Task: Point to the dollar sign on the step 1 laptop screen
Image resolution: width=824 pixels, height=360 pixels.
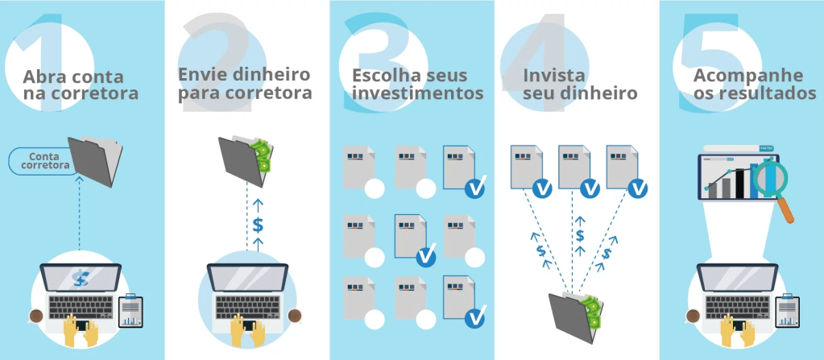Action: [80, 279]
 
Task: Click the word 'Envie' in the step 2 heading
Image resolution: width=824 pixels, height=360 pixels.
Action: [200, 74]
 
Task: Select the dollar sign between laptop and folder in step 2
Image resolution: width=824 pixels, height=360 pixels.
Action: [258, 225]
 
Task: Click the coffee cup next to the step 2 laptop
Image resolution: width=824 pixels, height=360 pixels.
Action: [295, 315]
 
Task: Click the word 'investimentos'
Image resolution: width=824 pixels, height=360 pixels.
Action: [417, 93]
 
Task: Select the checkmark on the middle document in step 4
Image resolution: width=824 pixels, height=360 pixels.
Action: [590, 188]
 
